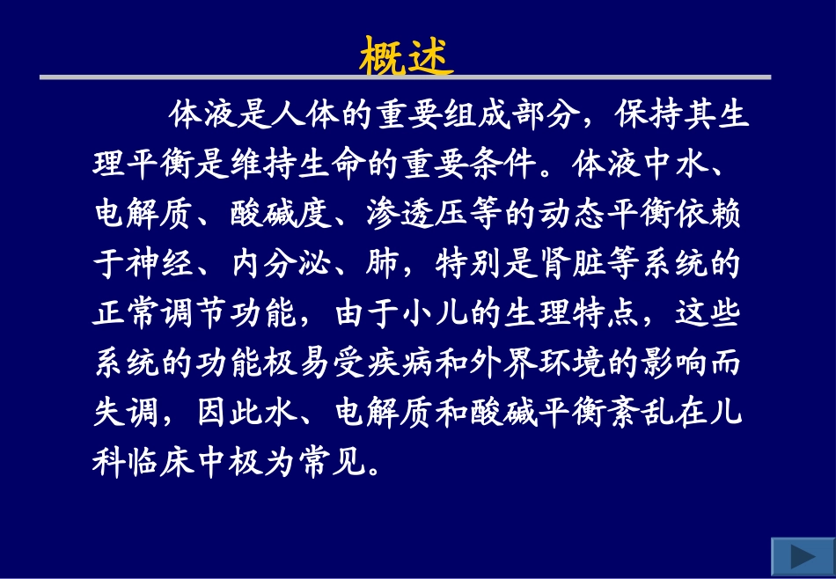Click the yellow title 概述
pyautogui.click(x=407, y=57)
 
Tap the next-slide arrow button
pyautogui.click(x=802, y=557)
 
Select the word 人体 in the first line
pyautogui.click(x=294, y=114)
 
